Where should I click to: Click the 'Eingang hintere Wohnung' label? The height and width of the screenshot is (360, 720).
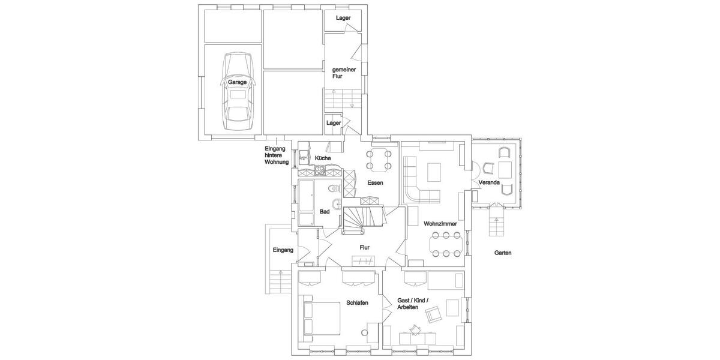coord(277,155)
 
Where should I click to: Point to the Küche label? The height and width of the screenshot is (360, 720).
coord(322,158)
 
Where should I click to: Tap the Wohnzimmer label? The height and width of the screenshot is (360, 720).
coord(440,223)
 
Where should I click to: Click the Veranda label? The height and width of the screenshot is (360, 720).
coord(489,182)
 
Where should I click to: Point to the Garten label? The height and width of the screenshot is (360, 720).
coord(503,253)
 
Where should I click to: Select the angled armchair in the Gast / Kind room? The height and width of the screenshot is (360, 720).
coord(433,313)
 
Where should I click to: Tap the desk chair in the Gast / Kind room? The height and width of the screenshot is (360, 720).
coord(415,329)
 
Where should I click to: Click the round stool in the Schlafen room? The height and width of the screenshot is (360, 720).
coord(364,332)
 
